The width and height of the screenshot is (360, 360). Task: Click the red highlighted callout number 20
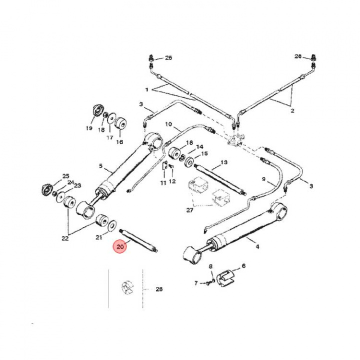(x=119, y=246)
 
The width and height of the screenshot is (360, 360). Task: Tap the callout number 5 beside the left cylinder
(x=100, y=166)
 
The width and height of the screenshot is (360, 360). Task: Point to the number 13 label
(x=223, y=162)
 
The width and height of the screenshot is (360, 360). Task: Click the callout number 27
(x=189, y=210)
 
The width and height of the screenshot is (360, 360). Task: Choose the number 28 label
(x=159, y=289)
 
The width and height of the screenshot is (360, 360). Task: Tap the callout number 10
(x=168, y=123)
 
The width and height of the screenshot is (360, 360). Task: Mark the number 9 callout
(x=264, y=178)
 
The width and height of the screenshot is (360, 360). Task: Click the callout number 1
(x=147, y=90)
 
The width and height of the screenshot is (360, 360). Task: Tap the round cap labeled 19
(x=97, y=110)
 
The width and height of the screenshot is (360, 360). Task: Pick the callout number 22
(x=65, y=238)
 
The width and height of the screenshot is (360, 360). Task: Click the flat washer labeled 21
(x=112, y=221)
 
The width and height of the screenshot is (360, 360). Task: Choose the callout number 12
(x=172, y=181)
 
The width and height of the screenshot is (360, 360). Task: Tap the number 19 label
(x=89, y=128)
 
